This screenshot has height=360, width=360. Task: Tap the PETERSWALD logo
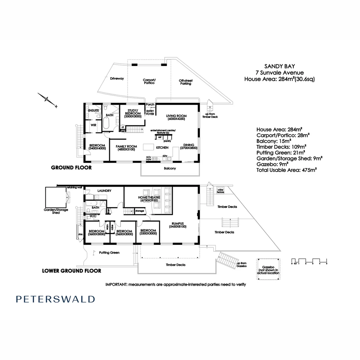(55, 299)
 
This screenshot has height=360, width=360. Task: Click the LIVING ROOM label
(176, 116)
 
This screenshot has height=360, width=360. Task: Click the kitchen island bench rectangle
(149, 147)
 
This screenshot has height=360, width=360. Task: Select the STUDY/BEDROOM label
(133, 113)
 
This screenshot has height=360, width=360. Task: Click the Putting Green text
(109, 253)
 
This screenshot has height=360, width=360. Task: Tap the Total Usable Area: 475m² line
(286, 170)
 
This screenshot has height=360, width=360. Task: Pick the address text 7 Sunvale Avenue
(279, 73)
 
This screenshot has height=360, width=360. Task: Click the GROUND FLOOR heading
(71, 168)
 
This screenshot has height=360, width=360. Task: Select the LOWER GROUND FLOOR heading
(72, 271)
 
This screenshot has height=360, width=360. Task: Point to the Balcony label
(170, 168)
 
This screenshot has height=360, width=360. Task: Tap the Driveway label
(117, 79)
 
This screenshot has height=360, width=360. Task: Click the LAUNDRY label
(104, 191)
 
